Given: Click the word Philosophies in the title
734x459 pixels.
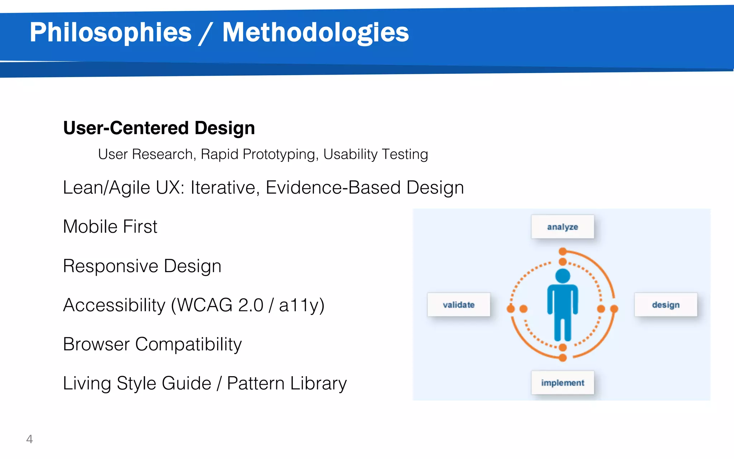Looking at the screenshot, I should [110, 33].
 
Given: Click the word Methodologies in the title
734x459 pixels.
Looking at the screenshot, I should [315, 33].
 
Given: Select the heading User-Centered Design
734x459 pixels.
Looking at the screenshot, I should [159, 128].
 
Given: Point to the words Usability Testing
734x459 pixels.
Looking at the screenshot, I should [375, 154].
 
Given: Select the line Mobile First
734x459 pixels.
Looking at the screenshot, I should [110, 227].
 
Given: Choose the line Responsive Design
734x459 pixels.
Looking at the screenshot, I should [142, 266].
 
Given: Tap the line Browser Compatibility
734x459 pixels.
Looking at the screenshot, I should [152, 344].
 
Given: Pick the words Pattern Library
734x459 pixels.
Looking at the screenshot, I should [287, 383].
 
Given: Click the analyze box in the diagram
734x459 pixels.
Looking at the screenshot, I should [562, 227].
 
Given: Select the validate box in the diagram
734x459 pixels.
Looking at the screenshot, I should [458, 305].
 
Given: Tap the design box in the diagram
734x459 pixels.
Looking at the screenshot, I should [666, 305].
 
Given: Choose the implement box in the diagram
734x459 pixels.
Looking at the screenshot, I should [562, 383].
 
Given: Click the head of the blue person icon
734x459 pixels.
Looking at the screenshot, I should [562, 276].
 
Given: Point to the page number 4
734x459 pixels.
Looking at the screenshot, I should [29, 439].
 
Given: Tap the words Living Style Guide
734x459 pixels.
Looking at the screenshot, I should [137, 383].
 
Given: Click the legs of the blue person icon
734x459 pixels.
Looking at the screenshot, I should [562, 328].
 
